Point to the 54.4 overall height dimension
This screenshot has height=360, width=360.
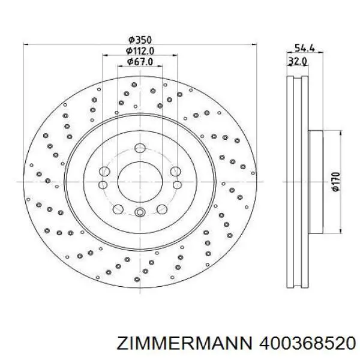tap(303, 49)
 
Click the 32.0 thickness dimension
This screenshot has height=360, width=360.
tap(298, 61)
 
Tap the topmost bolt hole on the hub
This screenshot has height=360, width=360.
tap(140, 148)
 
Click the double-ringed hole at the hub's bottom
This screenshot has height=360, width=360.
tap(139, 211)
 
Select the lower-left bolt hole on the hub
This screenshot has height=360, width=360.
tap(118, 208)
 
